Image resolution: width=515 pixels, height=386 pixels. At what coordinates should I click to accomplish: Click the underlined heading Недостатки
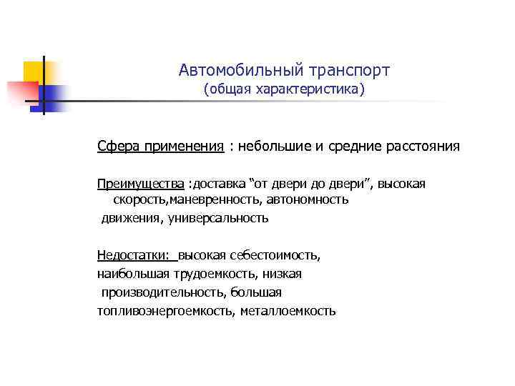coord(133,255)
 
